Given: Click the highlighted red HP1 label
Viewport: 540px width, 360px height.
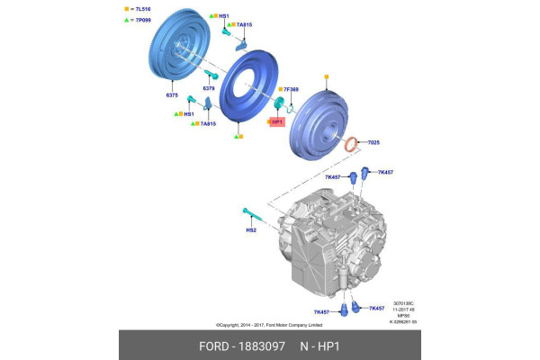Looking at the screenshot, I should pyautogui.click(x=277, y=121).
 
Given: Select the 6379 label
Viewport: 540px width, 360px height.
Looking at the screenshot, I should pyautogui.click(x=208, y=88).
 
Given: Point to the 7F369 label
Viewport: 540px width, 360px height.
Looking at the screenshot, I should pyautogui.click(x=291, y=90).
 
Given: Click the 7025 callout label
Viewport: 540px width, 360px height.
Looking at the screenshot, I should pyautogui.click(x=373, y=142).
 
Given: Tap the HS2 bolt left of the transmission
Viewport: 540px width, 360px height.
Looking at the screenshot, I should pyautogui.click(x=251, y=216).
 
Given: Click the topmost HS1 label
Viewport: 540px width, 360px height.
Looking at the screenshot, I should pyautogui.click(x=223, y=16).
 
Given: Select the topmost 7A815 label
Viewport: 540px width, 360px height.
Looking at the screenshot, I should pyautogui.click(x=244, y=25).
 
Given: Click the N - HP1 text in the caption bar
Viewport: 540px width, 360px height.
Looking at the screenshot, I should pyautogui.click(x=322, y=345).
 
